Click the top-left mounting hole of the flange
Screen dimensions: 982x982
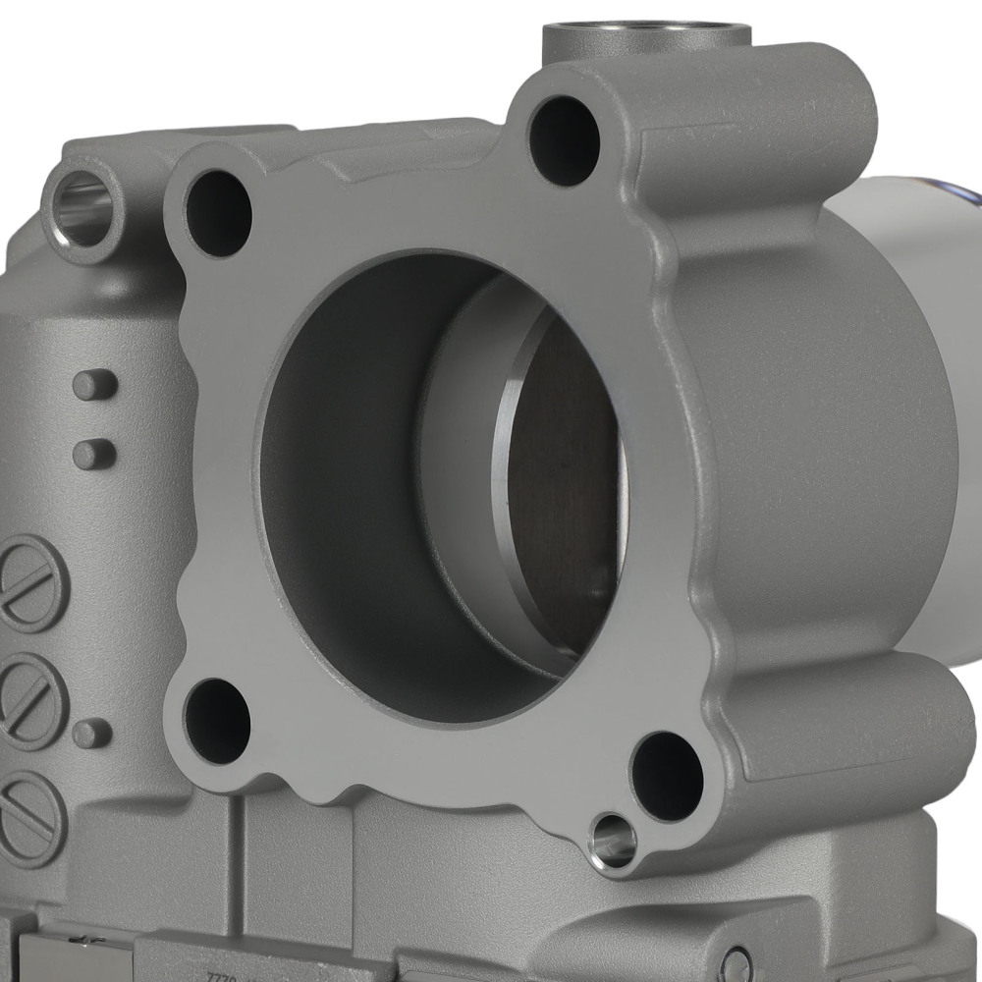pyautogui.click(x=218, y=213)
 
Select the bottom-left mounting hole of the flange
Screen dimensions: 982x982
pyautogui.click(x=217, y=721)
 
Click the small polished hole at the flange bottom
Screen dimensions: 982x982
pyautogui.click(x=613, y=842)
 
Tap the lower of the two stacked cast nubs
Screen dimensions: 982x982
pyautogui.click(x=94, y=454)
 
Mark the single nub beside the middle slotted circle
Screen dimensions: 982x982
pyautogui.click(x=92, y=733)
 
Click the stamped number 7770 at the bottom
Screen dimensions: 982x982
pyautogui.click(x=221, y=975)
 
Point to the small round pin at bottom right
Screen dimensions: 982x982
pyautogui.click(x=736, y=963)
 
